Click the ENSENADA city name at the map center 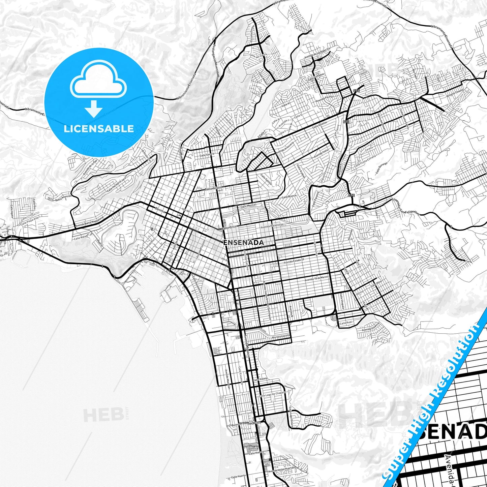pyautogui.click(x=243, y=242)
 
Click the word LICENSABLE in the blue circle pyautogui.click(x=98, y=129)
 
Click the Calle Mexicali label pyautogui.click(x=248, y=205)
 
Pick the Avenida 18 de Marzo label pyautogui.click(x=316, y=279)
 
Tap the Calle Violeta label pyautogui.click(x=260, y=379)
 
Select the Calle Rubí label pyautogui.click(x=345, y=323)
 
